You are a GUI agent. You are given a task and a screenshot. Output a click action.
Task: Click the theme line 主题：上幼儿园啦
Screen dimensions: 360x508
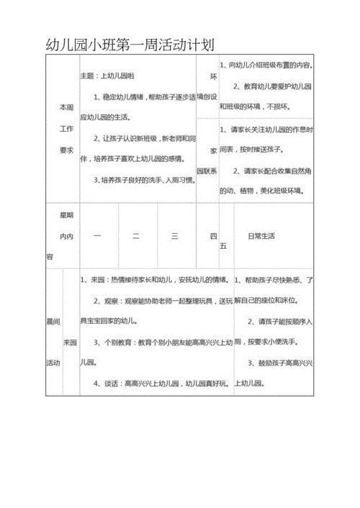107,76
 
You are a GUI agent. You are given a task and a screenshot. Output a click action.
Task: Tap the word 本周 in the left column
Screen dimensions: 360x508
66,106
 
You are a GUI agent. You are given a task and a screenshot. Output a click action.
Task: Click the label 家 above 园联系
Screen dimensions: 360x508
212,151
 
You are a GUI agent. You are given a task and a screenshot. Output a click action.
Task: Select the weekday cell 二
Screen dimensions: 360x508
136,236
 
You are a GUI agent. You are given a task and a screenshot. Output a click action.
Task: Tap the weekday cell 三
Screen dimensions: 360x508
174,236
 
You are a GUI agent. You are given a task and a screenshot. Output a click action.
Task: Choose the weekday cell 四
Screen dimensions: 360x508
212,236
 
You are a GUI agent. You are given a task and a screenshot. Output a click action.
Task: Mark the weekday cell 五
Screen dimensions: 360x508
224,246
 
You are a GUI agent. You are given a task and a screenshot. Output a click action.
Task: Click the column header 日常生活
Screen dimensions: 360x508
262,236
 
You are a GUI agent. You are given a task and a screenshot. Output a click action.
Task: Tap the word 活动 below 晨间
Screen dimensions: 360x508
53,363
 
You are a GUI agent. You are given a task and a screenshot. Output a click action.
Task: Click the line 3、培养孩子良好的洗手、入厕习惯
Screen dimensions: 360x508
144,180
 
